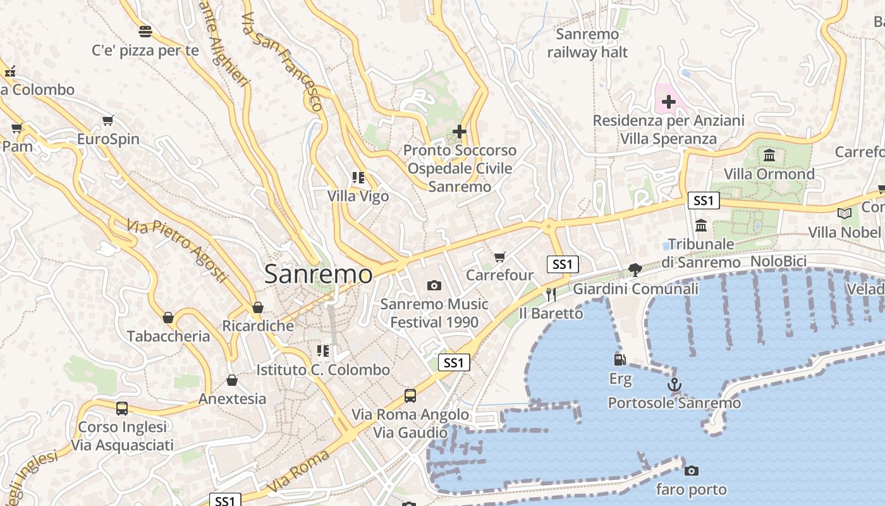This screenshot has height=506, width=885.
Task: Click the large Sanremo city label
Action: pos(318,274)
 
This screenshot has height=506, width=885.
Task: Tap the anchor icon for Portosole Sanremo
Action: pos(674,385)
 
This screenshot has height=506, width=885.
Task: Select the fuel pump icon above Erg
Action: pos(620,360)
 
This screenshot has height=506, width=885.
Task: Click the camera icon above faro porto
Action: pos(692,471)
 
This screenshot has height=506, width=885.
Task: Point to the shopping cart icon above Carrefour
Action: pos(500,257)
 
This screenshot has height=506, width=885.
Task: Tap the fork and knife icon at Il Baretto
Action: pos(551,294)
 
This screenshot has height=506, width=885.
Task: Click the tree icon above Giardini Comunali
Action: pos(635,270)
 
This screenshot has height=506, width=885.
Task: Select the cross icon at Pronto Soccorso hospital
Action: pos(460,132)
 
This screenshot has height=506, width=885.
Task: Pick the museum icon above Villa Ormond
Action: pos(769,155)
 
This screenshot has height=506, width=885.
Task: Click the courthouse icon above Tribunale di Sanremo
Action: pos(701,225)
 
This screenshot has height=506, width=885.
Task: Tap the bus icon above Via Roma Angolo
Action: pos(410,396)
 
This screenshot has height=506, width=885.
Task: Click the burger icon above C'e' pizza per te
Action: pos(145,32)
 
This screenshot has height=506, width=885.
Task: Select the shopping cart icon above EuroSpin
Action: pos(108,120)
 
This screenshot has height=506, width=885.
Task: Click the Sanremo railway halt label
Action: pos(587,43)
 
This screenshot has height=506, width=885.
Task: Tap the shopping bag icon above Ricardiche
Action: pos(257,308)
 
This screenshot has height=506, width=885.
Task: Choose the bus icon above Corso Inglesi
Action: pos(122,409)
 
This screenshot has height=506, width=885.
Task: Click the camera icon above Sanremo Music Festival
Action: pos(434,286)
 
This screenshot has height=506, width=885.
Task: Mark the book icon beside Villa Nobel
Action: pos(845,214)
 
